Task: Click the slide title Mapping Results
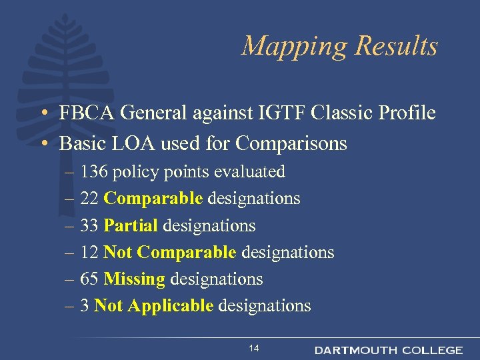pos(339,46)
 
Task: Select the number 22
pos(89,199)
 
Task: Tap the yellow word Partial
pos(131,226)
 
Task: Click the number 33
pos(89,226)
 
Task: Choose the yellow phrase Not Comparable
pos(170,253)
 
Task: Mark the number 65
pos(89,279)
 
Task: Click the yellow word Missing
pos(134,279)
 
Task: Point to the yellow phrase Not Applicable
pos(154,306)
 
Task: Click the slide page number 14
pos(253,349)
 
